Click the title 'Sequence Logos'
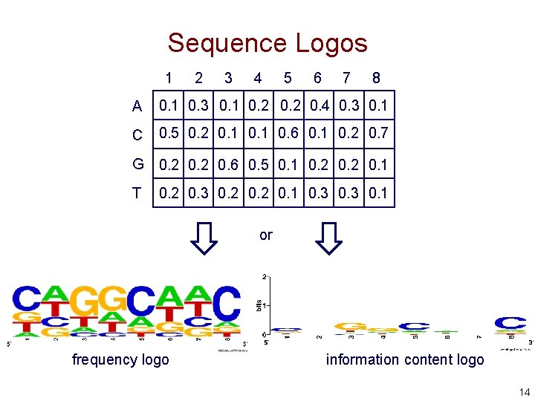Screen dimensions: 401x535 267,43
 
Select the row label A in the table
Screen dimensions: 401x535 137,107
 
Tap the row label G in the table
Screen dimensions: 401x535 137,164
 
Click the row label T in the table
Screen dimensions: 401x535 137,194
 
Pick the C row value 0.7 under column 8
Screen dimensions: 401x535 378,134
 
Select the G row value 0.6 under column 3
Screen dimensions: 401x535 229,164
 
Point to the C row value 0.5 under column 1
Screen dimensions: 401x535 169,134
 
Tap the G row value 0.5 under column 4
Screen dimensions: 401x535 259,164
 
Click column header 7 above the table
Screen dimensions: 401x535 346,78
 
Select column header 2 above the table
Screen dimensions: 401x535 198,78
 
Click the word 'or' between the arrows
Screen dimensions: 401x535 266,235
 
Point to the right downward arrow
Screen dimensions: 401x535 328,238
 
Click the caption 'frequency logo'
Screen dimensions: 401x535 120,360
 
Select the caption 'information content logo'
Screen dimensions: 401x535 405,360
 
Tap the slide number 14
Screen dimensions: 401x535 525,392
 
